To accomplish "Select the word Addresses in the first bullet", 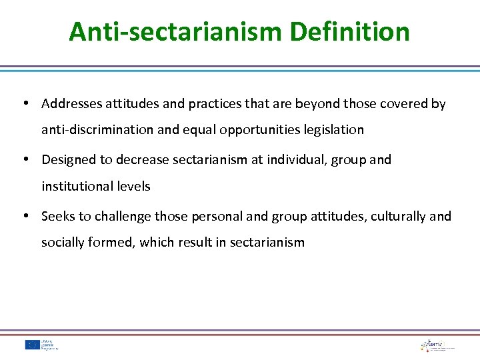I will pyautogui.click(x=70, y=104).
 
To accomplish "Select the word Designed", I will pyautogui.click(x=67, y=160).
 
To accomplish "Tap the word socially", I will pyautogui.click(x=62, y=243).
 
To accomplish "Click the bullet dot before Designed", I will pyautogui.click(x=25, y=160).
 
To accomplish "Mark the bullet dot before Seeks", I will pyautogui.click(x=25, y=217).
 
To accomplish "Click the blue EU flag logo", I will pyautogui.click(x=32, y=345).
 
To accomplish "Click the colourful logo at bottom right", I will pyautogui.click(x=437, y=345).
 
